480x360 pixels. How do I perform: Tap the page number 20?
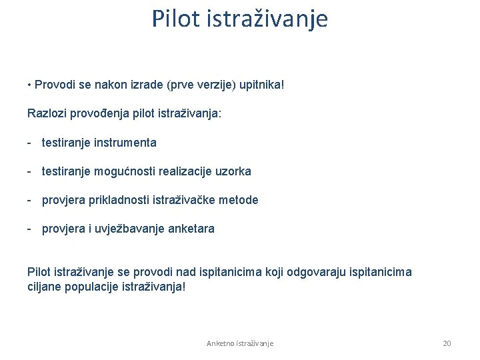(x=447, y=343)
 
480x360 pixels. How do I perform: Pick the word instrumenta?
(x=125, y=142)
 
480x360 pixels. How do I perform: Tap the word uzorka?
(x=233, y=171)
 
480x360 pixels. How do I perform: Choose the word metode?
(x=239, y=200)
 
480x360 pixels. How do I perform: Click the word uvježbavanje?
(x=123, y=229)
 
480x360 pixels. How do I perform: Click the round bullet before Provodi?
(x=30, y=86)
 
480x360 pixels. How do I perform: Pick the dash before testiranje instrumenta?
(x=30, y=142)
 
